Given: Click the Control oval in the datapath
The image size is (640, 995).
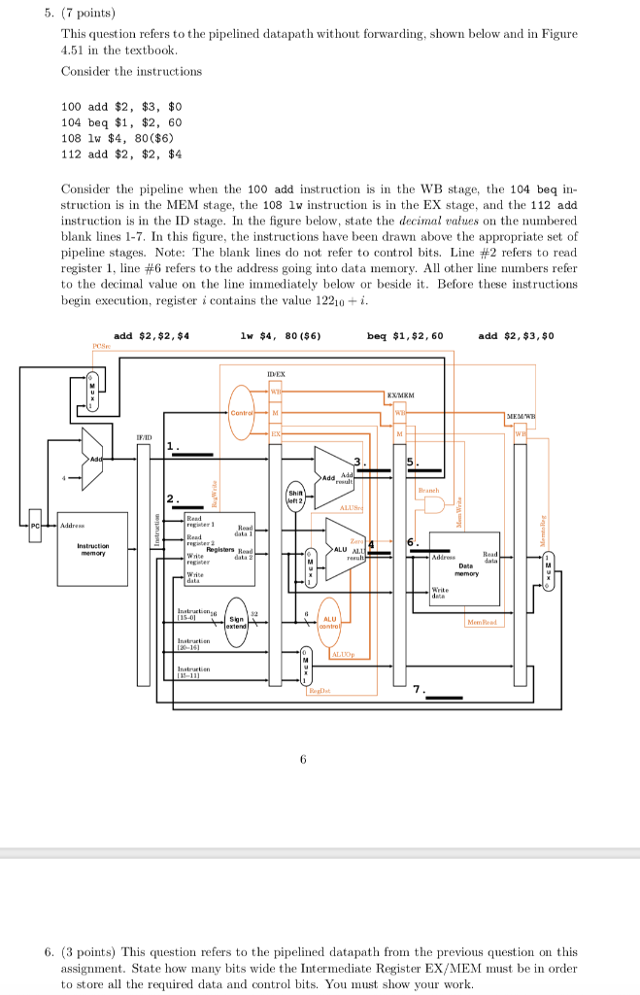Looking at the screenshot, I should [x=241, y=412].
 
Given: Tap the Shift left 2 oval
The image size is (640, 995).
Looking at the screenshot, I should [x=296, y=497].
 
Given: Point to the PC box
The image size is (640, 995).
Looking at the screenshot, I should [x=36, y=525].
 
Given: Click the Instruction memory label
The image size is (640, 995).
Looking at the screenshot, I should [x=93, y=550].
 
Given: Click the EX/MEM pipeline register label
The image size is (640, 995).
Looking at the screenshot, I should [x=402, y=395].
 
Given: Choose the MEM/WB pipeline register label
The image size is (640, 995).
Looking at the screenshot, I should [x=524, y=416].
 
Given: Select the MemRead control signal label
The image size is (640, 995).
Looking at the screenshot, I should [x=483, y=621].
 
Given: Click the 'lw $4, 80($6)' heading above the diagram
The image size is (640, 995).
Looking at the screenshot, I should [x=281, y=335].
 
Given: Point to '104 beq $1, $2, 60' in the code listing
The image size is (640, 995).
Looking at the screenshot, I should [x=120, y=121].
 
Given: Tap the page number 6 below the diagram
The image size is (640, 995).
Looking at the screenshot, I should [x=303, y=759].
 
